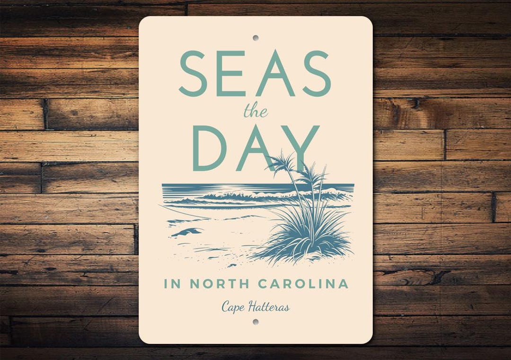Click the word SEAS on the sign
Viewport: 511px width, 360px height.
point(255,73)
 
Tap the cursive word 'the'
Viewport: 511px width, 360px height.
point(255,112)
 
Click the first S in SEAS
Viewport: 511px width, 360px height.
point(192,73)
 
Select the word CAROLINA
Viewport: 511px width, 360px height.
point(303,284)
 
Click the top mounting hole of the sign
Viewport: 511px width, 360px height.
point(255,37)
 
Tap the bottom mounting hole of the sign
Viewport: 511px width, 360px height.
point(255,322)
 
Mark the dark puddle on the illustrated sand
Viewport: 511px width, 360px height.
point(188,232)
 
